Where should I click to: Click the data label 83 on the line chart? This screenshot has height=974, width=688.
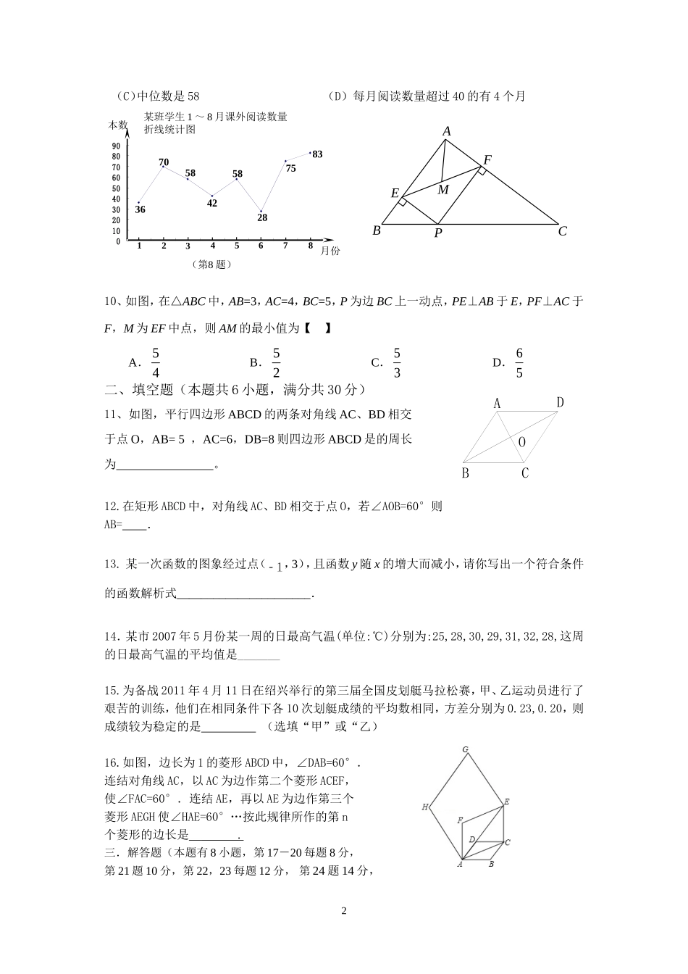(317, 154)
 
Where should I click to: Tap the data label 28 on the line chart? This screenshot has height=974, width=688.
(261, 217)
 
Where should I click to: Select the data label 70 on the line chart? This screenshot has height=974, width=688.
(164, 162)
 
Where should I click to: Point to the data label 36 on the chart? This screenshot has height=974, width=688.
(140, 209)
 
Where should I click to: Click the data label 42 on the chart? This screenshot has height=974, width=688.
(212, 203)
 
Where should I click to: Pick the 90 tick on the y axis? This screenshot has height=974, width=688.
(116, 146)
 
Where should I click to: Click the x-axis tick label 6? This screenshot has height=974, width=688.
(261, 246)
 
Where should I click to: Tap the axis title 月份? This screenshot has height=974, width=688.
(330, 251)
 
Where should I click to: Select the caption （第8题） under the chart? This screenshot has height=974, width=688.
(212, 265)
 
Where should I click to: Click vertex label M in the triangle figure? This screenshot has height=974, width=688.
(443, 190)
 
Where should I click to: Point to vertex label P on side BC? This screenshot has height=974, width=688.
(438, 233)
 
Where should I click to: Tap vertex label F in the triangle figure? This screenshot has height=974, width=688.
(487, 160)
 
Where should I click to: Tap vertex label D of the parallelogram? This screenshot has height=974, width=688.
(560, 403)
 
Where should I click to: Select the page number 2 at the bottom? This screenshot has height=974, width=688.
(344, 911)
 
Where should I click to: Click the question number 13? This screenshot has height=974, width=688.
(112, 565)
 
